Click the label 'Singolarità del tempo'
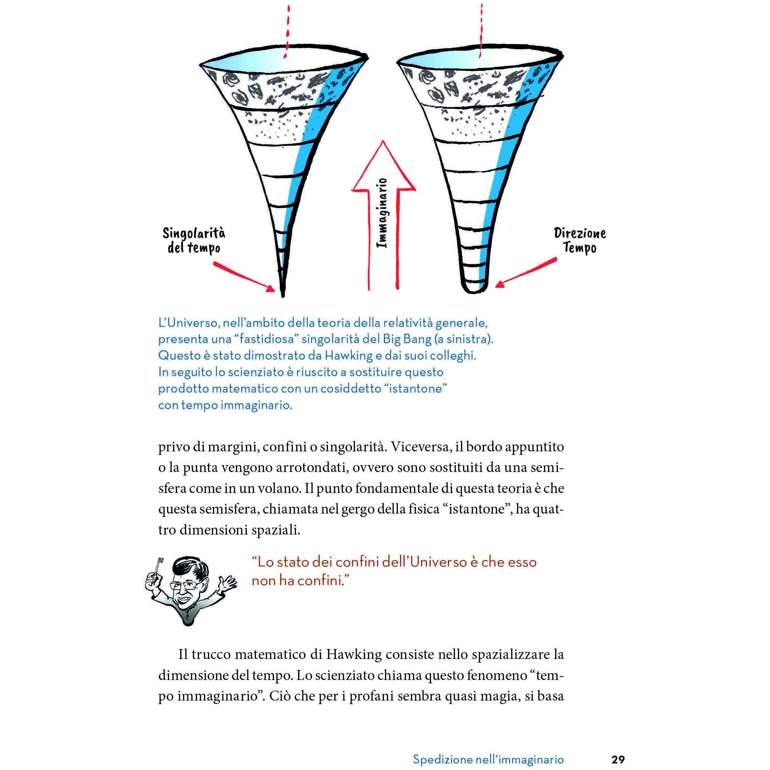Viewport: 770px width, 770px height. coord(194,240)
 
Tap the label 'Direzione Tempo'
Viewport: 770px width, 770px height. coord(580,240)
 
